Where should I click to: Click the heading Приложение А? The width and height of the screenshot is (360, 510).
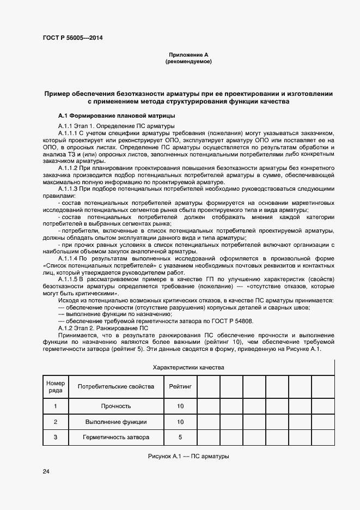click(x=188, y=54)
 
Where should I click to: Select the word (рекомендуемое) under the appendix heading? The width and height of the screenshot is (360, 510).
click(x=188, y=62)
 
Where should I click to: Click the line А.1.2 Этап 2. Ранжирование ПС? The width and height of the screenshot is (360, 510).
click(x=102, y=329)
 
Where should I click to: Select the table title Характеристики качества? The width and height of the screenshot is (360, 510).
click(x=188, y=368)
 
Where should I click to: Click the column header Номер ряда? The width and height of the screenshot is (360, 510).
click(x=55, y=387)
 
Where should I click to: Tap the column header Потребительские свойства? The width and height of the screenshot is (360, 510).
click(x=116, y=387)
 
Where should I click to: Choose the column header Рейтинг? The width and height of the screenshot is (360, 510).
click(x=180, y=387)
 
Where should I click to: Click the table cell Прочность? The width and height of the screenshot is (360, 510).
click(x=116, y=406)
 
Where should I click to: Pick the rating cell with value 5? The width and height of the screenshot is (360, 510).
click(x=180, y=437)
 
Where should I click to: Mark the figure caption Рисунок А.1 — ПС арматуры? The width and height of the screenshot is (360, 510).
click(x=188, y=456)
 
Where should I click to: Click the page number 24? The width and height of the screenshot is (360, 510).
click(x=46, y=471)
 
